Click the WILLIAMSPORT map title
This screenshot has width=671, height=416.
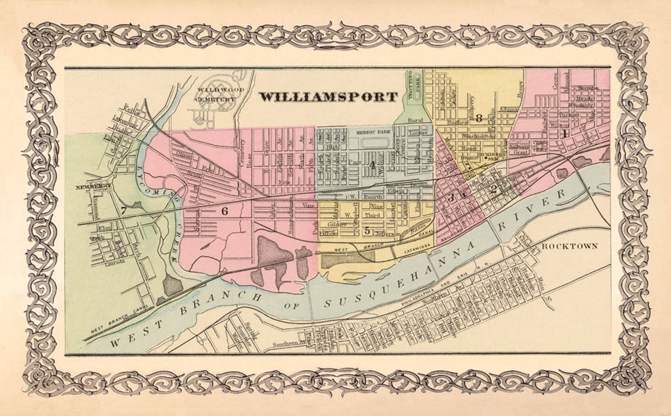pyautogui.click(x=328, y=96)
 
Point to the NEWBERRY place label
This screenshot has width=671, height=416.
pyautogui.click(x=93, y=188)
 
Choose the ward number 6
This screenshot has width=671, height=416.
pyautogui.click(x=224, y=211)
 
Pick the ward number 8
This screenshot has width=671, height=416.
pyautogui.click(x=479, y=117)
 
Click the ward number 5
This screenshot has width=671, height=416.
pyautogui.click(x=367, y=230)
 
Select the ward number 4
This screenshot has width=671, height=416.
pyautogui.click(x=372, y=163)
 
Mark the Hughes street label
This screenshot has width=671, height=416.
pyautogui.click(x=457, y=122)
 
